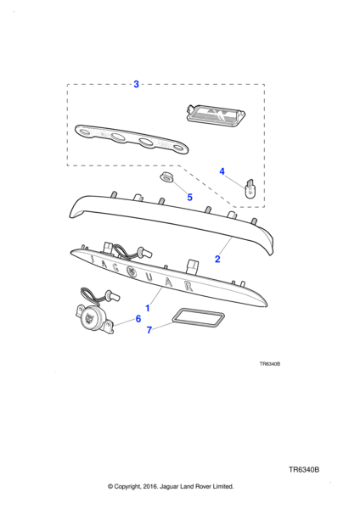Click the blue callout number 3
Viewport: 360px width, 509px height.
[x=136, y=84]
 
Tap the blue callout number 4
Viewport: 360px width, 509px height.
[x=222, y=171]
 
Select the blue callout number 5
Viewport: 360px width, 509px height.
[x=189, y=197]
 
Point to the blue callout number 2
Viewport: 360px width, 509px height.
[x=217, y=259]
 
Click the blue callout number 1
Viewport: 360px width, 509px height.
[x=148, y=308]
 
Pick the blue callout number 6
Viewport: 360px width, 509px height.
[x=138, y=319]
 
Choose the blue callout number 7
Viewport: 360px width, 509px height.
[x=149, y=330]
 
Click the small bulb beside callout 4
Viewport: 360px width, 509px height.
[x=250, y=189]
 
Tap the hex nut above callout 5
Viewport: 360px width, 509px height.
[x=166, y=177]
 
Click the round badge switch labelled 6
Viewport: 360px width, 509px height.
[x=92, y=317]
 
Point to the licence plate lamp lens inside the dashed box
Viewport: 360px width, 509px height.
[x=216, y=114]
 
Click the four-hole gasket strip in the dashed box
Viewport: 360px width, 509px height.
[x=132, y=139]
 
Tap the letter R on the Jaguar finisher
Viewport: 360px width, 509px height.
[x=188, y=285]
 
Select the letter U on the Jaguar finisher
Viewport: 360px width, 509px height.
[x=149, y=277]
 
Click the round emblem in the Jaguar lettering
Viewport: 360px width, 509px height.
[x=131, y=271]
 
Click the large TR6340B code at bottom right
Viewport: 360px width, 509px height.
[x=304, y=470]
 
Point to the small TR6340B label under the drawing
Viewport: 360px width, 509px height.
[x=270, y=364]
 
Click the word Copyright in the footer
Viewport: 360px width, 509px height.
[x=127, y=487]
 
